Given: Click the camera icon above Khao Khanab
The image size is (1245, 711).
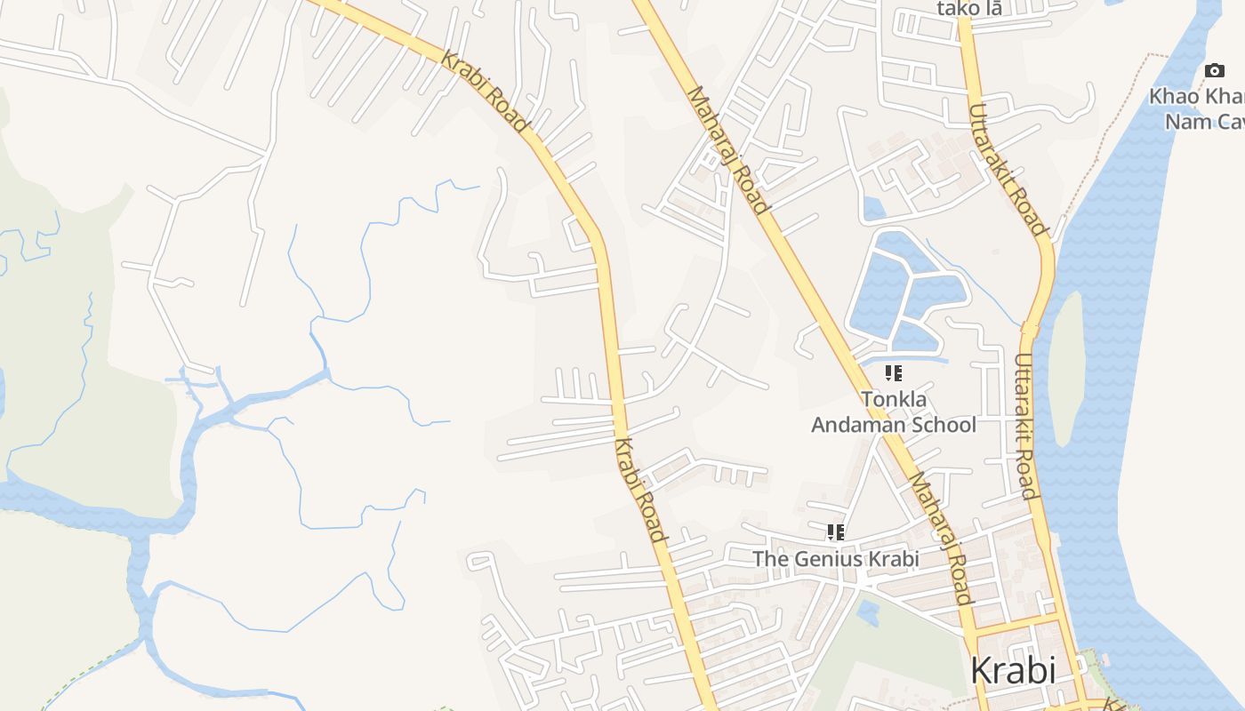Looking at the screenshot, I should click(1214, 70).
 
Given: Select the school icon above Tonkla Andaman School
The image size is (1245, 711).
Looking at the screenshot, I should click(894, 373).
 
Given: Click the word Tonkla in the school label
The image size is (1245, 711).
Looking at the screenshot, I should click(893, 399).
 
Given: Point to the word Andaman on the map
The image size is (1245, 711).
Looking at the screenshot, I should click(861, 425).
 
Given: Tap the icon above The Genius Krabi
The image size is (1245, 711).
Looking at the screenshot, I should click(835, 532).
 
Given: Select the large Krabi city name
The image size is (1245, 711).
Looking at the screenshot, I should click(1013, 670).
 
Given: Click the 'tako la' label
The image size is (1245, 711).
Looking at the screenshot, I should click(969, 9).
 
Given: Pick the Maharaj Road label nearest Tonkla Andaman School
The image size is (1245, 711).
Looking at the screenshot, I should click(939, 538).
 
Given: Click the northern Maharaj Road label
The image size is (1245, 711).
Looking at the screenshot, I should click(727, 151).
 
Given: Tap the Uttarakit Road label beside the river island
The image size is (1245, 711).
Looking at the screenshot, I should click(1024, 427).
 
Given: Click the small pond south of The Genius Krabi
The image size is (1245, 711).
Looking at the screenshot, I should click(869, 612).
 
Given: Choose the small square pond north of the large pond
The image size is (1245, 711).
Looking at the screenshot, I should click(874, 208).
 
